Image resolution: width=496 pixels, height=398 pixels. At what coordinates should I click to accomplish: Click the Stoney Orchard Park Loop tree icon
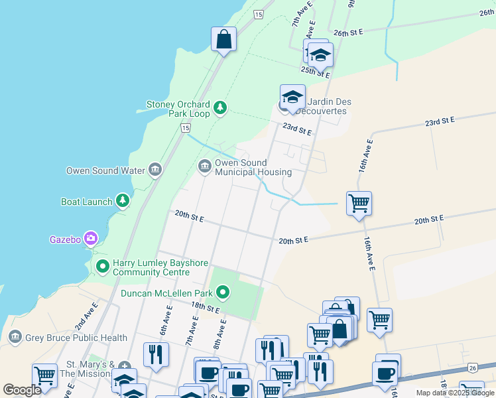point(220,107)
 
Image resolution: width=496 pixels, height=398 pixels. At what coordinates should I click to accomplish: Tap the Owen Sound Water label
point(105,170)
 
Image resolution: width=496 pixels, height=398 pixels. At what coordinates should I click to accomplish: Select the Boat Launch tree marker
point(122,200)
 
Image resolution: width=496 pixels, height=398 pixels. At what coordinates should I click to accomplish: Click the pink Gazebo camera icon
point(91,238)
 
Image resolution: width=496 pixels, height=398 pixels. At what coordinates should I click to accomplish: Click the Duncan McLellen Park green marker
point(223,292)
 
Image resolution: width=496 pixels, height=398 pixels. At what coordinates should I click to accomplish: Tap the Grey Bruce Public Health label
point(76,338)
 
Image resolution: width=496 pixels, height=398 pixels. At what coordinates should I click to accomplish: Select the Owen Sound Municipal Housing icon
point(205,165)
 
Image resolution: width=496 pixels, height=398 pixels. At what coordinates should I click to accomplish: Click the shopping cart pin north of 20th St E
point(359,203)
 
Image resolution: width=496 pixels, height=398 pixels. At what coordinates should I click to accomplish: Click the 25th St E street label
point(316,69)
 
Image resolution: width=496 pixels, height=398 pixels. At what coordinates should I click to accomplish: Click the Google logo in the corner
point(22,390)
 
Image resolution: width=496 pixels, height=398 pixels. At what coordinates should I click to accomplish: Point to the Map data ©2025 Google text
point(455,393)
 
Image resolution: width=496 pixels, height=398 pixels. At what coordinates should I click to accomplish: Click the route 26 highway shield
point(472,367)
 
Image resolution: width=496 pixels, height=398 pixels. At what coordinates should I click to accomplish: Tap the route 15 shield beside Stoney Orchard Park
point(185,127)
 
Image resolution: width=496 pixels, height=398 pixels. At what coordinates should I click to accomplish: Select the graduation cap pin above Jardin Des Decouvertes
point(292,97)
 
